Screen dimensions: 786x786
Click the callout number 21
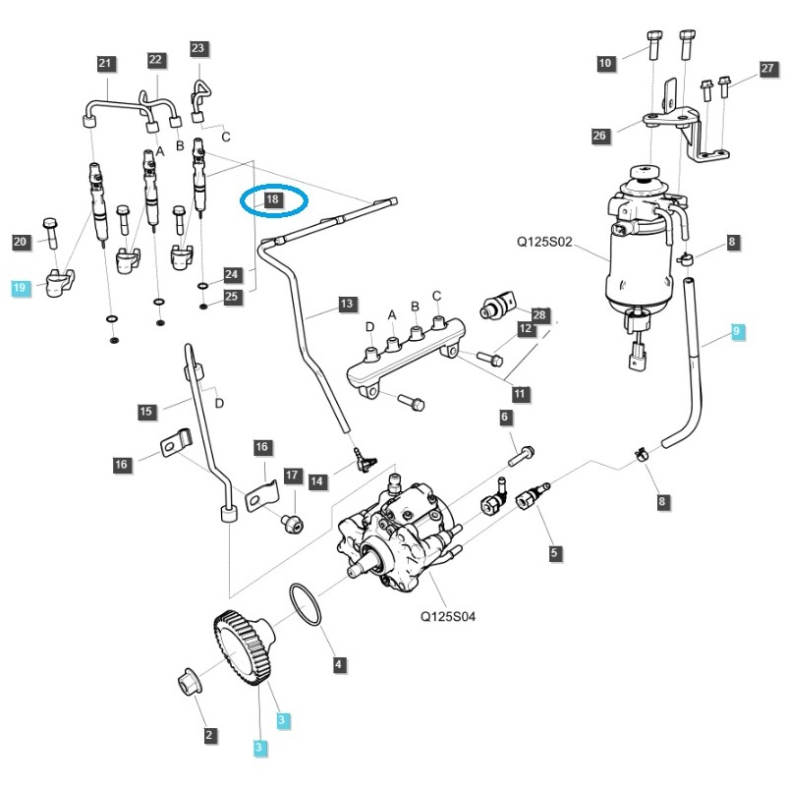pos(106,64)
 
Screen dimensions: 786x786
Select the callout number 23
pos(197,48)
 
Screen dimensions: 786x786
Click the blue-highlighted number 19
pos(20,288)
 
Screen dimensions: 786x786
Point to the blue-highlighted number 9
pos(737,333)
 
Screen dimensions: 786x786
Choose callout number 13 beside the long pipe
pos(346,305)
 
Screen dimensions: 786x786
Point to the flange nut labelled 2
pos(187,681)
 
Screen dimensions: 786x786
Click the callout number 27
pos(767,69)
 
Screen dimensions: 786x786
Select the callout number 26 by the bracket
pos(600,137)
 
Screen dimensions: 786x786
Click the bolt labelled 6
pos(523,452)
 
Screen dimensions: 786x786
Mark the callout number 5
pos(554,554)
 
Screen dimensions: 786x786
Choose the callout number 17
pos(292,476)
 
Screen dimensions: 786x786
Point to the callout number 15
pos(146,411)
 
